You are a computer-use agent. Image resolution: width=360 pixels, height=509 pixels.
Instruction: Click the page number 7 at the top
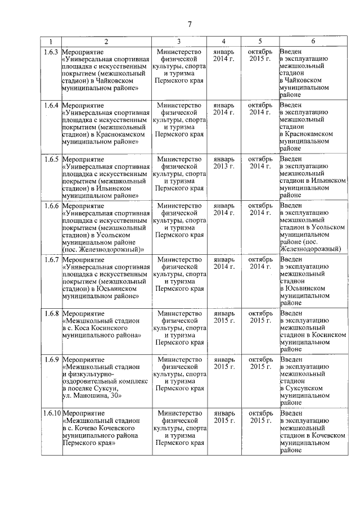[x=190, y=24]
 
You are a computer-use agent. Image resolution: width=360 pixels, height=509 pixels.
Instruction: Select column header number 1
[x=51, y=42]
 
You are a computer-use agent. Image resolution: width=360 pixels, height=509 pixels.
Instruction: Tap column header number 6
[x=313, y=42]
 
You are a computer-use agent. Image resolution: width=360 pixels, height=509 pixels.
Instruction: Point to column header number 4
[x=223, y=42]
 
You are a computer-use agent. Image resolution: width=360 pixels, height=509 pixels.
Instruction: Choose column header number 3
[x=179, y=42]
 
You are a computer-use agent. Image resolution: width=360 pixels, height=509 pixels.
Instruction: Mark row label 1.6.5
[x=51, y=159]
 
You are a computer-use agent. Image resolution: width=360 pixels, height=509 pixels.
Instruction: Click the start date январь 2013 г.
[x=223, y=163]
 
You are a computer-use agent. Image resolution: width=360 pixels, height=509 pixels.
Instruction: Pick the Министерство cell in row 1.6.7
[x=179, y=260]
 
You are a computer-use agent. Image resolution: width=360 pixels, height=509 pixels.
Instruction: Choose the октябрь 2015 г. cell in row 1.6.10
[x=260, y=417]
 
